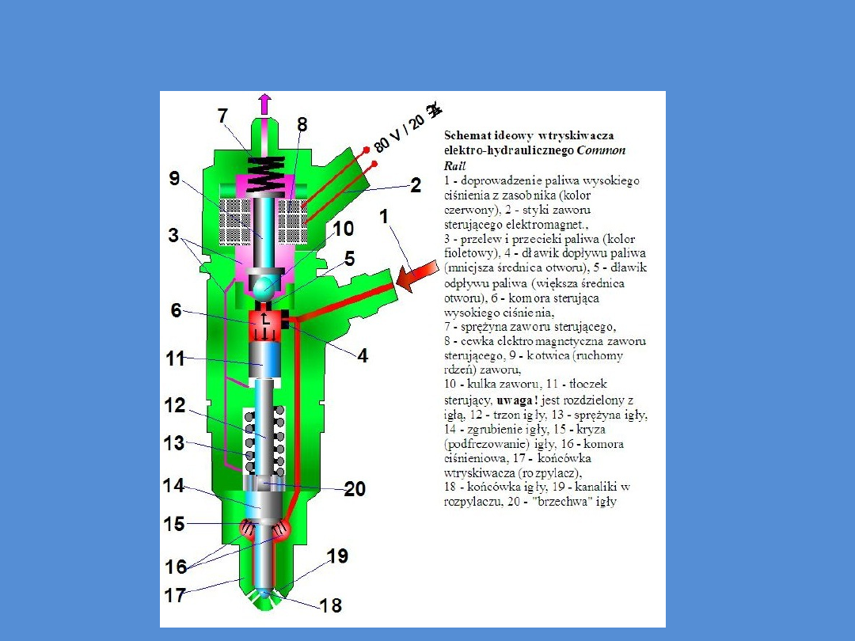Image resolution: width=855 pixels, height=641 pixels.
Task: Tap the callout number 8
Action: [x=302, y=124]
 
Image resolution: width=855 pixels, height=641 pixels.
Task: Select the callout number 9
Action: [x=174, y=179]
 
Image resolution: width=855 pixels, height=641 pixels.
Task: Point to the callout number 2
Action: [x=414, y=185]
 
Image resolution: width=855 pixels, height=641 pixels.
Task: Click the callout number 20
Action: [x=355, y=490]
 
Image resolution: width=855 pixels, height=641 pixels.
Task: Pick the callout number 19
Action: [x=337, y=556]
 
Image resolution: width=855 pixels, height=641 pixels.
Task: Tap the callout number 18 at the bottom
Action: [x=331, y=606]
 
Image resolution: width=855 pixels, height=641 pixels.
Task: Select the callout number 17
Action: [x=175, y=594]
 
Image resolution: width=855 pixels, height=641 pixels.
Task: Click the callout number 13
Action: [x=174, y=444]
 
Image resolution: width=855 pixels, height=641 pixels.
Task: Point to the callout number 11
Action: [x=175, y=358]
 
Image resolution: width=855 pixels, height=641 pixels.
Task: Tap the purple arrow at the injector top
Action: [x=264, y=104]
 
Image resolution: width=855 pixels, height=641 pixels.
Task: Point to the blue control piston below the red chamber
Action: [x=263, y=362]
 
